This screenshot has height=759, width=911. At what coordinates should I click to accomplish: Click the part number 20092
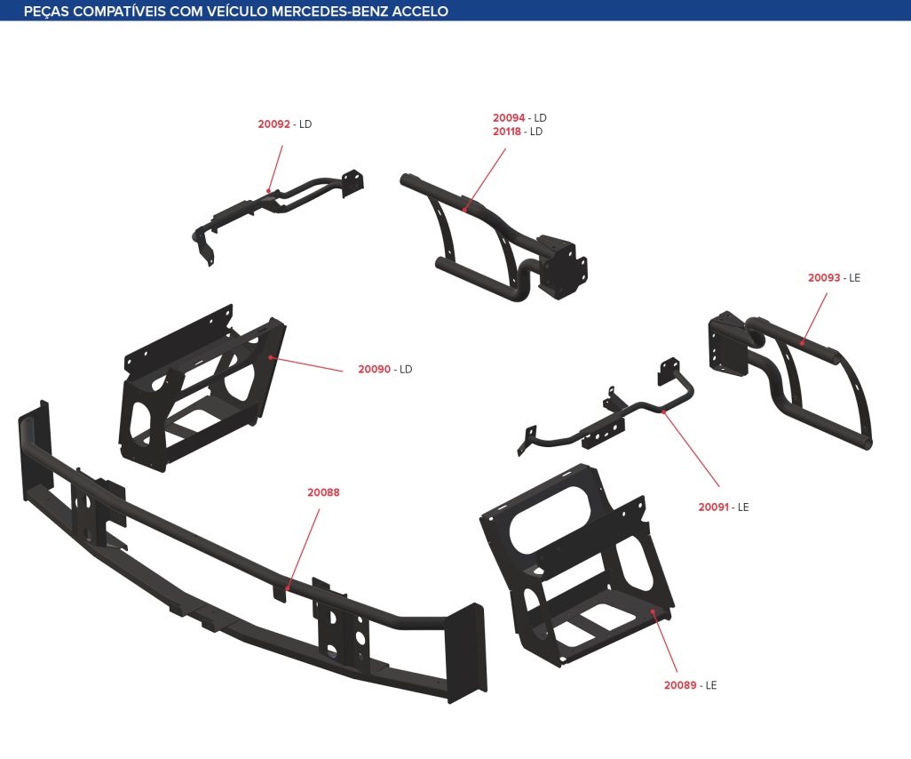(273, 124)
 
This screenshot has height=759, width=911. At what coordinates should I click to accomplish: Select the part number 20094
(509, 117)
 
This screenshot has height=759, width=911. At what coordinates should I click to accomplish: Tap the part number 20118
(507, 132)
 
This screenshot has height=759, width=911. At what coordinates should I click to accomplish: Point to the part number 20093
(824, 278)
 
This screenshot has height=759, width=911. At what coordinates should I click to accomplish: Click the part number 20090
(374, 370)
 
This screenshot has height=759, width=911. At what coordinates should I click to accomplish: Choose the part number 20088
(323, 492)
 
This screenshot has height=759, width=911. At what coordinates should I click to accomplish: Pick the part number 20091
(714, 507)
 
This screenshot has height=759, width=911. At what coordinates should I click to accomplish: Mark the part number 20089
(680, 685)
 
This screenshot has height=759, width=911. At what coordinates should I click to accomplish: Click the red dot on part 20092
(268, 190)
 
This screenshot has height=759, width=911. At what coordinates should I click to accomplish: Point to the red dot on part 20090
(271, 357)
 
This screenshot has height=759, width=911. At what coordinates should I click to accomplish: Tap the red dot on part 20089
(653, 611)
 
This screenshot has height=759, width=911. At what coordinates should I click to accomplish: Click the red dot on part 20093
(802, 342)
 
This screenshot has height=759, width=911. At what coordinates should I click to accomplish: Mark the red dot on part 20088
(288, 588)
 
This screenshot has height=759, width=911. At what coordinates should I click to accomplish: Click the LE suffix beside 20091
(743, 507)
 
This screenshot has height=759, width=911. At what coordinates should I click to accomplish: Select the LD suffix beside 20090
(406, 370)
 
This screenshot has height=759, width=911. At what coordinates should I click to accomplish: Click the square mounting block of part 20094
(561, 267)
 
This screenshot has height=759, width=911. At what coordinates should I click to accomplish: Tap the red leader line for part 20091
(692, 449)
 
